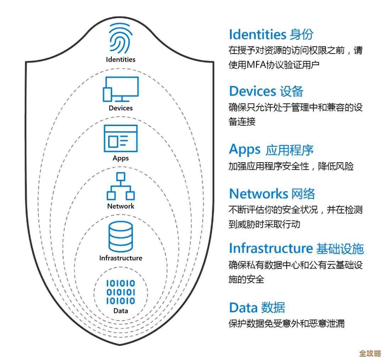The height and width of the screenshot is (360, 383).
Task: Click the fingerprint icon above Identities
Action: pos(121,39)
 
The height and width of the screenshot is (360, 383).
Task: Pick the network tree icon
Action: pos(121,186)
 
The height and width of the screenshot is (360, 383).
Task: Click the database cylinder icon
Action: pos(121,236)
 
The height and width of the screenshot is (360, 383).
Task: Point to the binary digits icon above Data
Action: pos(121,292)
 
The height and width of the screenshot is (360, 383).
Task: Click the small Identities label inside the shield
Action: pos(121,59)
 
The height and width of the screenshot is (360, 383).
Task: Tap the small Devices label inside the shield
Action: pos(121,108)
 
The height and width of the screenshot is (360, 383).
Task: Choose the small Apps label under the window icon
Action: pos(121,158)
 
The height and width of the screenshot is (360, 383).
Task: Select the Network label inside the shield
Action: pos(121,206)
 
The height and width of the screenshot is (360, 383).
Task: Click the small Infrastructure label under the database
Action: pos(121,258)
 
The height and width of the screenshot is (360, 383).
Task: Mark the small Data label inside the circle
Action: pos(121,311)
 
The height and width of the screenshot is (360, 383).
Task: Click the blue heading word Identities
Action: pos(257,34)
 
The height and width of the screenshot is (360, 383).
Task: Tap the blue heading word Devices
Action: pos(252,91)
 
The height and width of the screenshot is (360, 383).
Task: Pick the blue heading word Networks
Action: pos(259,194)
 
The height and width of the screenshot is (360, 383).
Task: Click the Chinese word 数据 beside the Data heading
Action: pos(273,307)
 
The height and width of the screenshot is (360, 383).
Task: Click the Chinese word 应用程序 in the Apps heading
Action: pos(289,150)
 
